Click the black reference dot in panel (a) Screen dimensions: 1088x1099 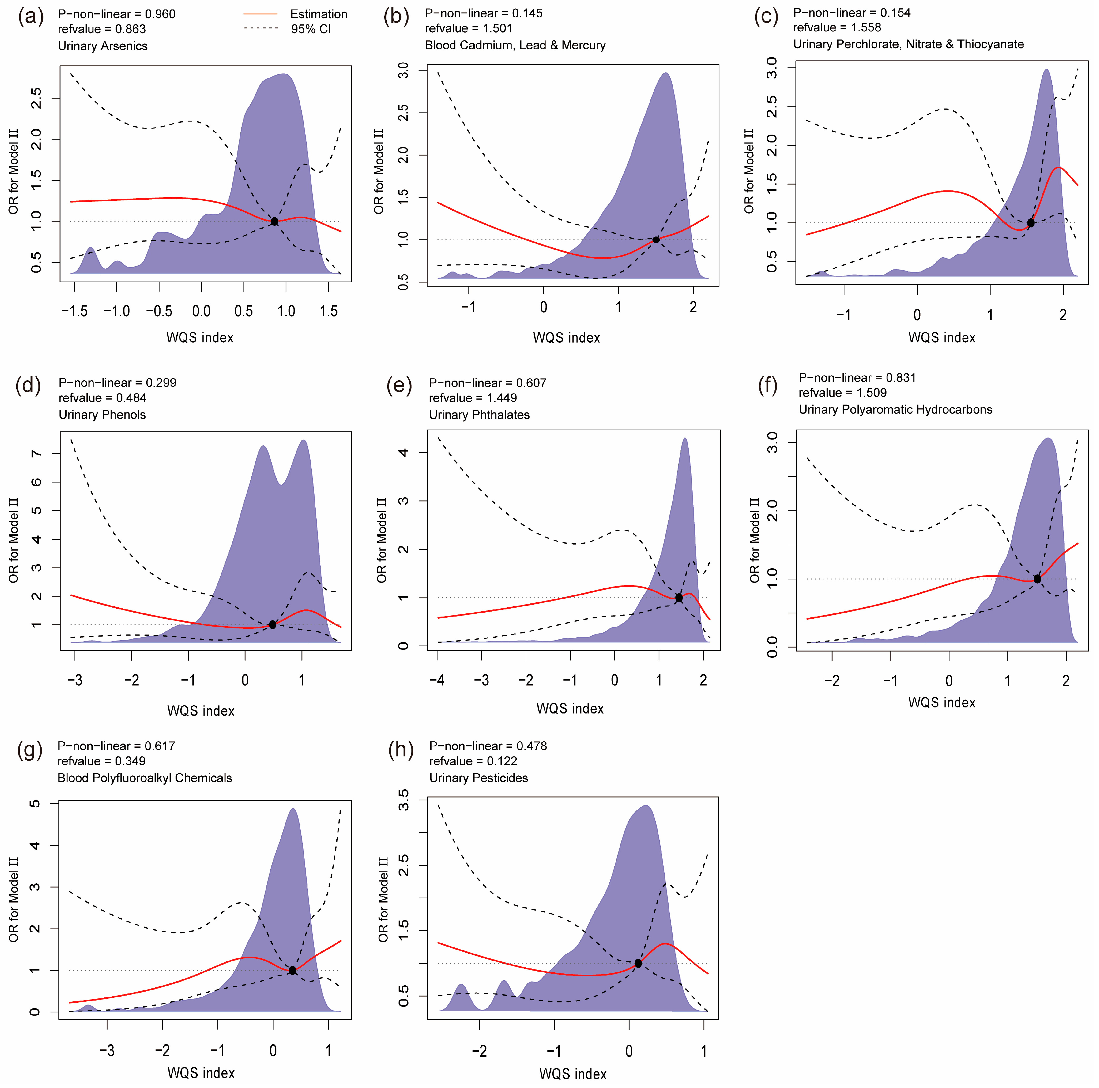(x=274, y=221)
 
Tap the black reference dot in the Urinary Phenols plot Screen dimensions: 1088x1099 (x=272, y=625)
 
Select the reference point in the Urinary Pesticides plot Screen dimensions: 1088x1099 (x=638, y=963)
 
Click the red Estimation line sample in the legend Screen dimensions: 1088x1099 (x=261, y=14)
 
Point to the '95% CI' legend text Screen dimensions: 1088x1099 (x=311, y=29)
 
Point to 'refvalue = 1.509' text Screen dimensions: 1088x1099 (x=842, y=393)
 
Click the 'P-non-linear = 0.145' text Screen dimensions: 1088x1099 (x=484, y=13)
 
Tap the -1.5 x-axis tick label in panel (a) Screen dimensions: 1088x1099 (x=74, y=311)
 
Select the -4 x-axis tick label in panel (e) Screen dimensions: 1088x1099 (x=437, y=680)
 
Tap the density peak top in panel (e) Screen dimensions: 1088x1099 (x=685, y=439)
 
